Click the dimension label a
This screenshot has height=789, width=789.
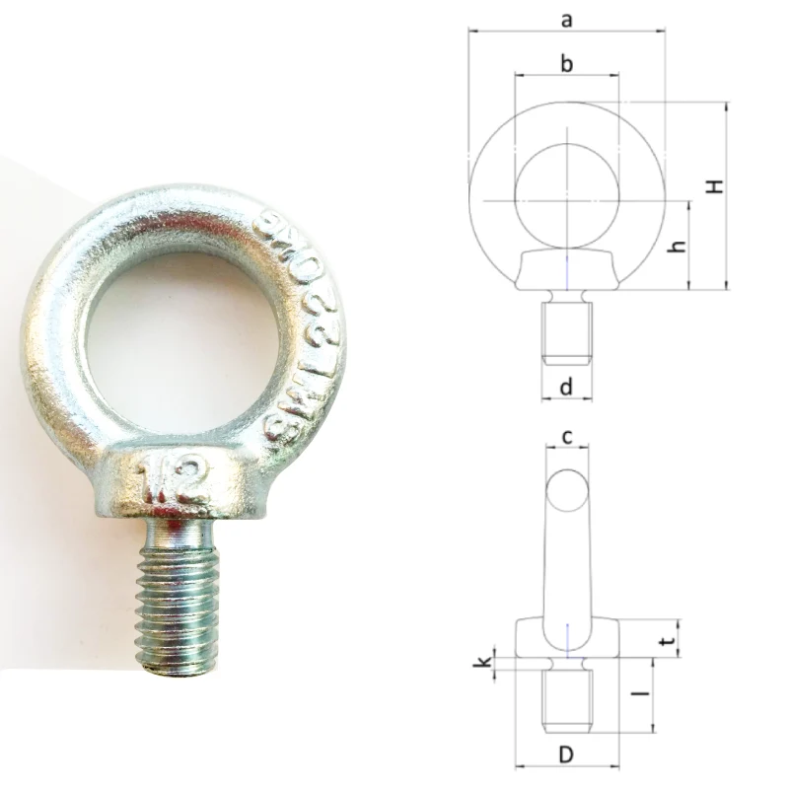point(566,18)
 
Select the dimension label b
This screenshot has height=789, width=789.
point(566,64)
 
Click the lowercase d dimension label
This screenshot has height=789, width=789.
point(566,388)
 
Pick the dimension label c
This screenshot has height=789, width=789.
point(566,435)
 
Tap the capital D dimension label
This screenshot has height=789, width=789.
point(566,755)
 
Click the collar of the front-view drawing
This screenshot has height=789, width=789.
point(567,269)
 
